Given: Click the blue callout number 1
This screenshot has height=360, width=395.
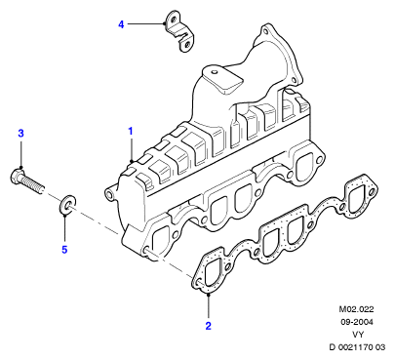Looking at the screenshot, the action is (x=131, y=132).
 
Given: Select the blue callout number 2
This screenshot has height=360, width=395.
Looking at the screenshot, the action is (x=209, y=326).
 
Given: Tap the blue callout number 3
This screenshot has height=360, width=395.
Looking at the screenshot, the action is (x=20, y=134).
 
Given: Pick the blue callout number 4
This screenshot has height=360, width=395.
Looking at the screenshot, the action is (x=121, y=24).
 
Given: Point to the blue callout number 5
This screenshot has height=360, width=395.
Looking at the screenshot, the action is (x=64, y=250).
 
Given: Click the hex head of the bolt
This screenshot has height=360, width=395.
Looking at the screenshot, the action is (x=17, y=176).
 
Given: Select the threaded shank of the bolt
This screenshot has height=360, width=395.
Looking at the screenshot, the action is (x=33, y=184).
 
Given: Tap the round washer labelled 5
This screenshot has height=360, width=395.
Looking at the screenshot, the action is (x=67, y=205).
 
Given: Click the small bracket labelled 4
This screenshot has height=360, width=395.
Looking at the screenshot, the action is (x=178, y=31).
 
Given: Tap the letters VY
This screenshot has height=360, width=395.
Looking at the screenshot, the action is (x=357, y=335).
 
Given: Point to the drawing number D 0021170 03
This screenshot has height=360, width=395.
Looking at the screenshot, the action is (x=357, y=347).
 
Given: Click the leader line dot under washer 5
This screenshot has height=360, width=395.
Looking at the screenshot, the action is (x=64, y=215).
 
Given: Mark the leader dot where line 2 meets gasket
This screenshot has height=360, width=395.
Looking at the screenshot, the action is (x=209, y=295).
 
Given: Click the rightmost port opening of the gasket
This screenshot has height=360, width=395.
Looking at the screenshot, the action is (x=357, y=199).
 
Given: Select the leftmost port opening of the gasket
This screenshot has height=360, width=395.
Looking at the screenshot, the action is (x=212, y=271).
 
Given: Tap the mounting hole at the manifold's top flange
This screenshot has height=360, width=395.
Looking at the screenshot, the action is (x=265, y=31).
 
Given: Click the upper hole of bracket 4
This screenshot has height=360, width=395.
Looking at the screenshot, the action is (x=172, y=18).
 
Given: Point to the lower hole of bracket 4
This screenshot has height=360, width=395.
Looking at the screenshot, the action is (x=186, y=45).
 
